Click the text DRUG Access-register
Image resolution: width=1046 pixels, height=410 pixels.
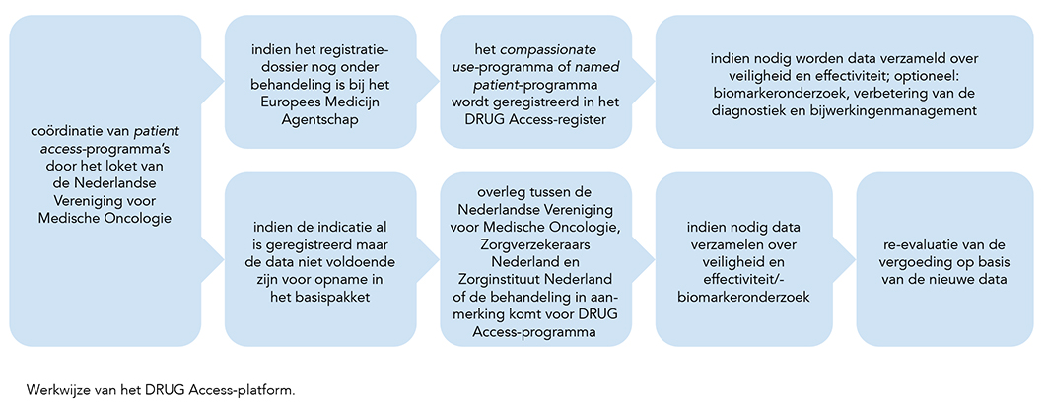point(535,120)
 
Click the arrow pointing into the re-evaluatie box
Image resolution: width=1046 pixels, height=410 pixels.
point(845,258)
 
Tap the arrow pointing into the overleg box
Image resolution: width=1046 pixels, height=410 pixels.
point(428,258)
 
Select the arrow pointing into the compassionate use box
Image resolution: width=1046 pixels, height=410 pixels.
point(428,82)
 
